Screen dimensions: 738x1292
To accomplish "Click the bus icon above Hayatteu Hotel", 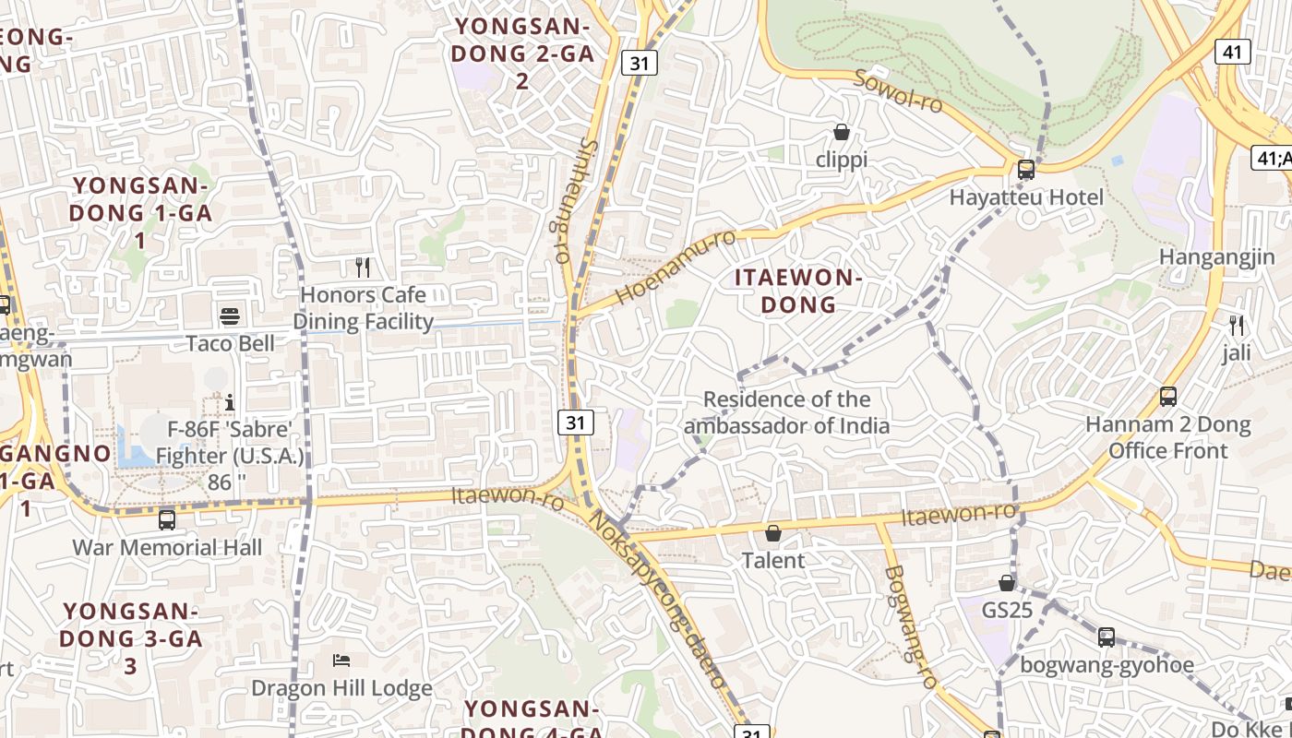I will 1025,170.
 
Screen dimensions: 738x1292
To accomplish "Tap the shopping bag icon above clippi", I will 842,132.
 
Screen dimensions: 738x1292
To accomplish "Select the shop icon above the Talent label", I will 773,533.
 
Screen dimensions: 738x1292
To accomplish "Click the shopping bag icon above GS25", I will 1007,583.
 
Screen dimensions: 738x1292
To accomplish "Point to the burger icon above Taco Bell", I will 230,316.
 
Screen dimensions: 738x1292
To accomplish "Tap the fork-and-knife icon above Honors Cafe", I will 363,268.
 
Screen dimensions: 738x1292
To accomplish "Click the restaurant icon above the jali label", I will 1237,326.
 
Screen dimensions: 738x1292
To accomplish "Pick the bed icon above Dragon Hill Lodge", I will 341,661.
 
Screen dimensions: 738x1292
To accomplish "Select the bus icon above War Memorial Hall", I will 167,519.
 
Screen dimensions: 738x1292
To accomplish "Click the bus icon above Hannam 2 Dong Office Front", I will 1168,397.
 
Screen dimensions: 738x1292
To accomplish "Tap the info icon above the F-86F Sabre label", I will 230,402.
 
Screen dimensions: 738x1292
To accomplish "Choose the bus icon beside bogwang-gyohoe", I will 1107,637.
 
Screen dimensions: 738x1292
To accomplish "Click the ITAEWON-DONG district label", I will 798,291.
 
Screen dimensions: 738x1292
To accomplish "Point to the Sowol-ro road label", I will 899,91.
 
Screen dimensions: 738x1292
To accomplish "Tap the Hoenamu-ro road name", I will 676,267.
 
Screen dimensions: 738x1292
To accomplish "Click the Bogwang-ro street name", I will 910,627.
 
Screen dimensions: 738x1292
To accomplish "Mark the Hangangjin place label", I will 1217,257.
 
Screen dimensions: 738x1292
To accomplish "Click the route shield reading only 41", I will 1233,52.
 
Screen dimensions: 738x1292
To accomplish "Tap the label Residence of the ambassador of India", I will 786,412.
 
